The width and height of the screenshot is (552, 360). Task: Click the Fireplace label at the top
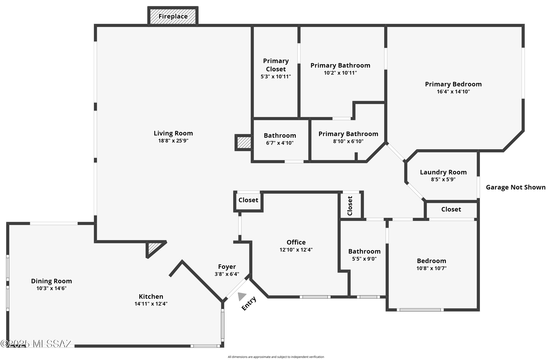(173, 16)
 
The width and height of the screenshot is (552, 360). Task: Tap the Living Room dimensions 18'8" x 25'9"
(173, 141)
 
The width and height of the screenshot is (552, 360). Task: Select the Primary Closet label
(276, 65)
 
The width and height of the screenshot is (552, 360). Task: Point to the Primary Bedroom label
(453, 84)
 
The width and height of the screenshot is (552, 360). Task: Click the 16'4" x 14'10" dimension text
(453, 92)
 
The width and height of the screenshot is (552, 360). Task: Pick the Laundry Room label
(443, 172)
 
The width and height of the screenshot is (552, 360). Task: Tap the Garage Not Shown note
(515, 187)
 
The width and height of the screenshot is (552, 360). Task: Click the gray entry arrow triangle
(242, 296)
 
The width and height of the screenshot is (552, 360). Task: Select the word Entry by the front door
(249, 303)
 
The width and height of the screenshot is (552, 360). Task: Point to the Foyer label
(227, 266)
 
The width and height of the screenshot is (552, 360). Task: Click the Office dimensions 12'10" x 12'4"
(296, 250)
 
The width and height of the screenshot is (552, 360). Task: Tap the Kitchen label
(151, 296)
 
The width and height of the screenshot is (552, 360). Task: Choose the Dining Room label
(51, 281)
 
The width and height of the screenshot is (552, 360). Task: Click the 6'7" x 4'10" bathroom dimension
(280, 143)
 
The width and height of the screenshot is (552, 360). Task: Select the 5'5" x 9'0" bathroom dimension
(364, 259)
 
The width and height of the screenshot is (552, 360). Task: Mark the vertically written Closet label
(350, 206)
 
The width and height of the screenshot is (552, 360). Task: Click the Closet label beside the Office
(248, 200)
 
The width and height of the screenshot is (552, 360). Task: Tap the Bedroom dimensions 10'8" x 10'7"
(432, 268)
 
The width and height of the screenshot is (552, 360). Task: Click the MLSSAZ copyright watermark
(36, 344)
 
